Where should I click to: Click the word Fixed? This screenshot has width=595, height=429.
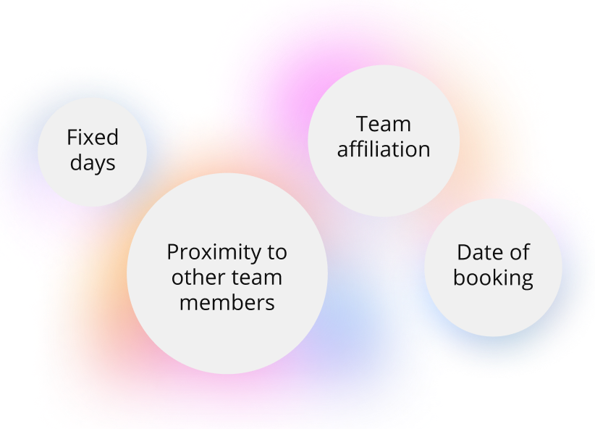click(93, 137)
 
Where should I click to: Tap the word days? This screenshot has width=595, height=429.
click(93, 162)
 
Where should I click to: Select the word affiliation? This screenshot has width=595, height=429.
click(384, 149)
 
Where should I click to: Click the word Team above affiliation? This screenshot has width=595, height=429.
click(384, 124)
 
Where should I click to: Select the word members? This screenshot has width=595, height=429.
click(227, 301)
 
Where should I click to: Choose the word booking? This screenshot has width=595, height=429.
click(493, 278)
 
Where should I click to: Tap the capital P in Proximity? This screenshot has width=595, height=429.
click(173, 252)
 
